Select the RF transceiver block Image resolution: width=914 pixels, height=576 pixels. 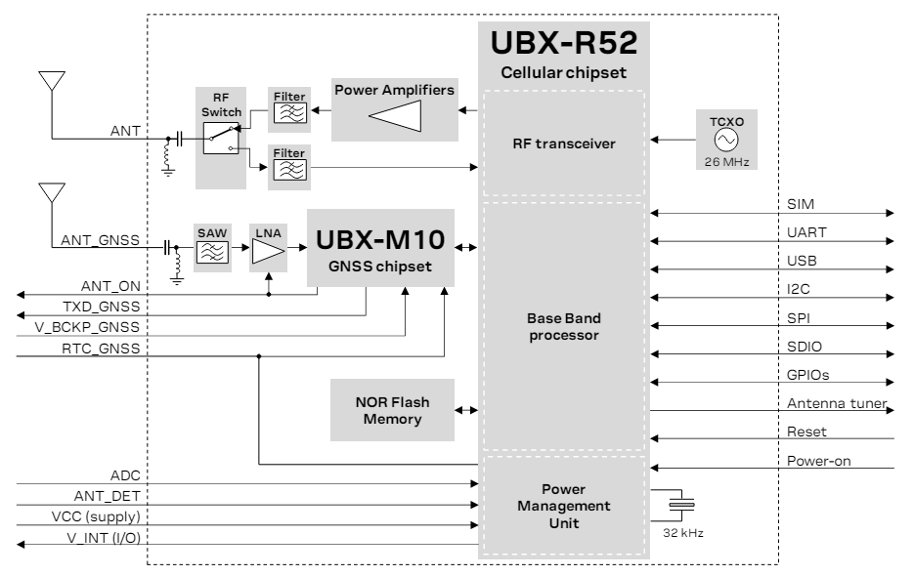(x=562, y=143)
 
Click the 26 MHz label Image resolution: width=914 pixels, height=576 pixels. (x=722, y=161)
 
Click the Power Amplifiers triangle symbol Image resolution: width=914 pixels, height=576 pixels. (x=395, y=117)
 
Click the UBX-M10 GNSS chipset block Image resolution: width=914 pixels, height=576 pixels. (x=380, y=247)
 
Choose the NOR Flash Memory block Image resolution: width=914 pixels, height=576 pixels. (x=392, y=412)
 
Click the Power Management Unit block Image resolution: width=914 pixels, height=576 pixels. (x=562, y=507)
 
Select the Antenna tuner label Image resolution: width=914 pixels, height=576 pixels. (x=836, y=403)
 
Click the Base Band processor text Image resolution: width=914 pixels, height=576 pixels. (x=562, y=327)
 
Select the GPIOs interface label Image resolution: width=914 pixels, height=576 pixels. (x=808, y=374)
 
